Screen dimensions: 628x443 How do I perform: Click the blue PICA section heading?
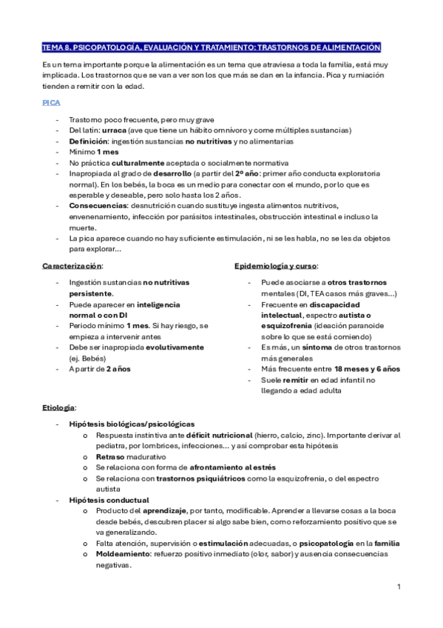[51, 102]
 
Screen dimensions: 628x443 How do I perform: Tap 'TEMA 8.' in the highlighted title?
[56, 47]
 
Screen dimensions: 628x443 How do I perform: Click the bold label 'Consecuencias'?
[97, 205]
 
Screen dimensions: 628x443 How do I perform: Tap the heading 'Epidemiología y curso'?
[275, 265]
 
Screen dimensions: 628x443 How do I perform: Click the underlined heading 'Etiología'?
[58, 408]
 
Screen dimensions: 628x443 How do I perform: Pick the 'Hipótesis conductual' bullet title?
[109, 501]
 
